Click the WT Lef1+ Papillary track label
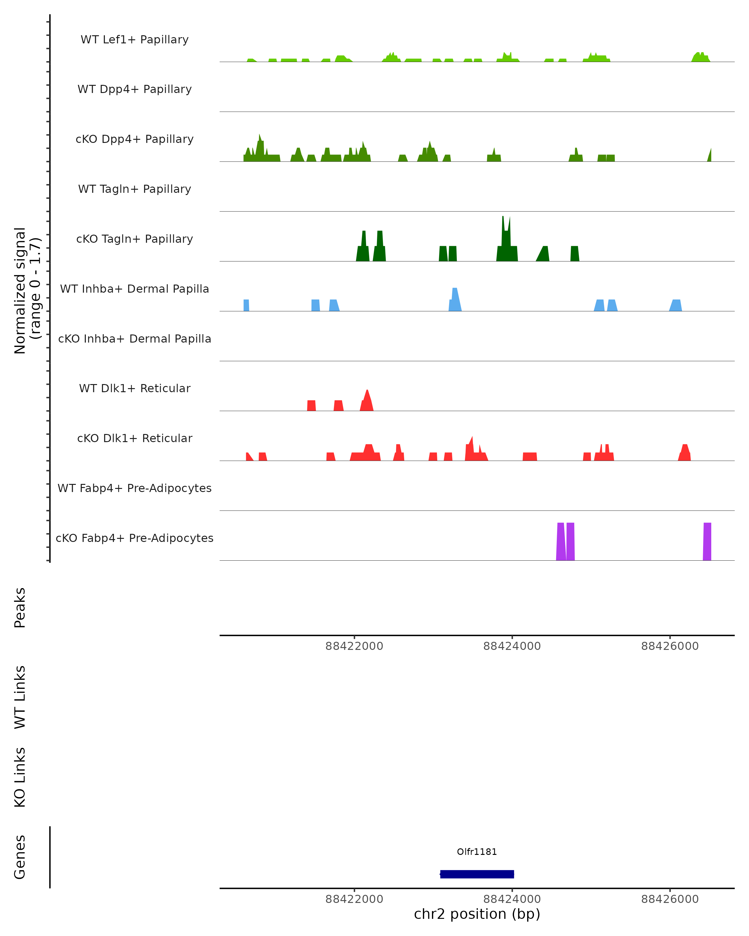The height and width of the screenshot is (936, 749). coord(135,40)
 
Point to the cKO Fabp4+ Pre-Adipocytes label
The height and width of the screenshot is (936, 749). coord(135,538)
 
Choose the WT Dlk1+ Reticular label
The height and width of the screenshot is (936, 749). coord(135,388)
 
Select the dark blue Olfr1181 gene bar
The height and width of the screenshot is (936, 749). coord(477,874)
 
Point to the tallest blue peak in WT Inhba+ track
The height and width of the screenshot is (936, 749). coord(455,300)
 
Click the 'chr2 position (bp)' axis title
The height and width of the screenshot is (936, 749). coord(477,914)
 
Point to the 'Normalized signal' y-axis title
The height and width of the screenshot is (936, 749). coord(20,290)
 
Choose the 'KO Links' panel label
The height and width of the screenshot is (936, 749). coord(20,777)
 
